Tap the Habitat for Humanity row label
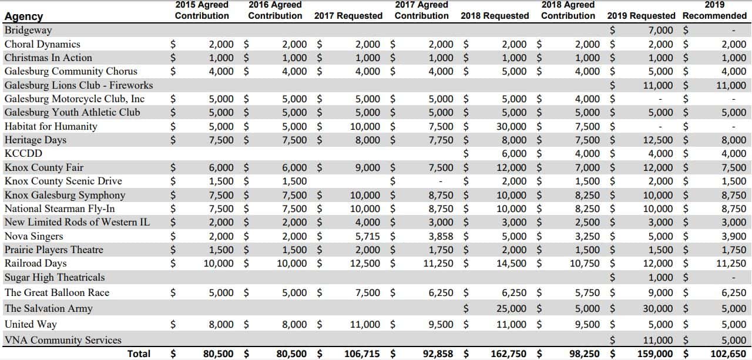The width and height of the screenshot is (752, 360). (x=51, y=126)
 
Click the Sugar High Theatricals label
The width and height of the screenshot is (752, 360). (x=55, y=277)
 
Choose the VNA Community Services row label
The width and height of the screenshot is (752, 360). (x=63, y=340)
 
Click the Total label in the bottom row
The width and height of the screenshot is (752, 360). (x=139, y=354)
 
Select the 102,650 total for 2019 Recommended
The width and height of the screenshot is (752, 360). (x=726, y=354)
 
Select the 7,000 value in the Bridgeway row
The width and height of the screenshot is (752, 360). (x=661, y=30)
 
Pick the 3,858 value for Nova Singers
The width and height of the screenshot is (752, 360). (x=441, y=236)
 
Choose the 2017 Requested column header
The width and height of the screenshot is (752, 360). (x=348, y=16)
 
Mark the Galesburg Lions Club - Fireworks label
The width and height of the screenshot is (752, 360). (x=79, y=85)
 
